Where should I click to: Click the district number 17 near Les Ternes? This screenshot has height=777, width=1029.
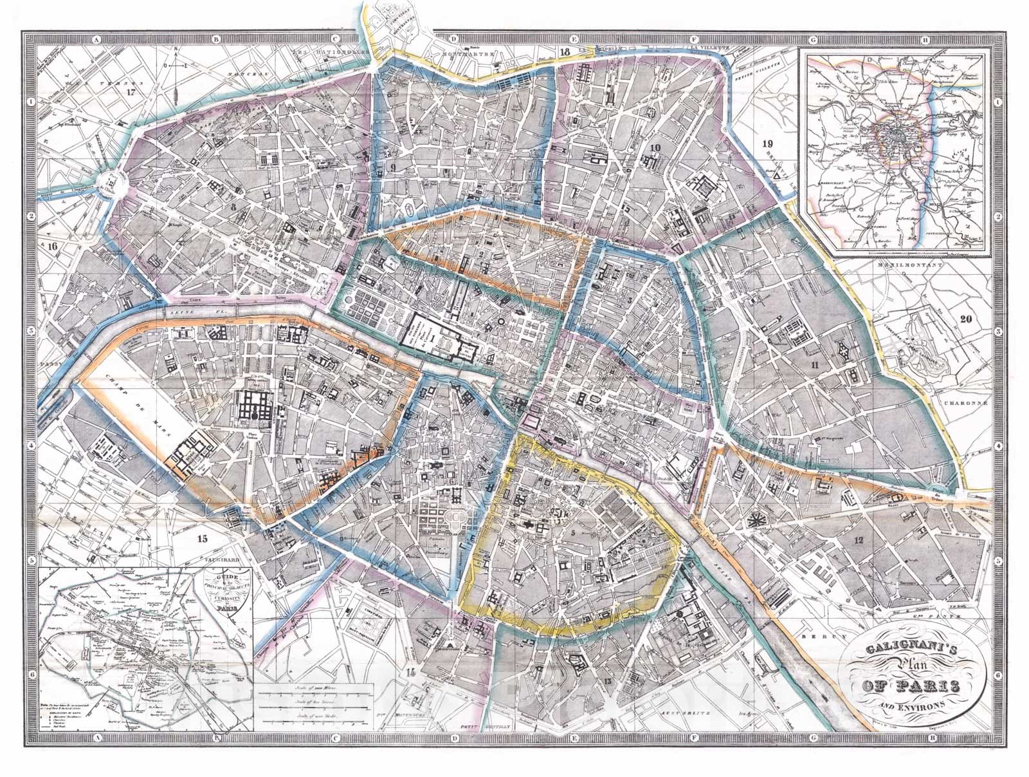click(133, 91)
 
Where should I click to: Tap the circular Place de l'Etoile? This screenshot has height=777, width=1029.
click(111, 187)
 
